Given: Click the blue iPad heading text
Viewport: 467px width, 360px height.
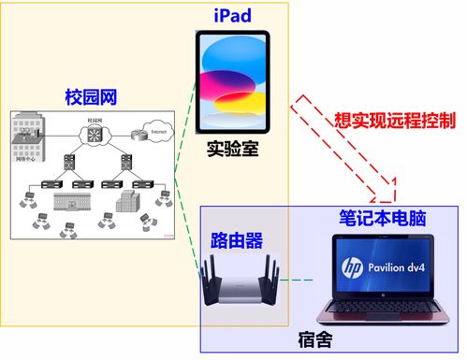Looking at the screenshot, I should (232, 16).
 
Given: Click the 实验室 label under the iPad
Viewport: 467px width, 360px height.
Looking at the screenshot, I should (232, 150).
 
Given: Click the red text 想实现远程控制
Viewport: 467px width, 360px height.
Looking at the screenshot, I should (394, 121).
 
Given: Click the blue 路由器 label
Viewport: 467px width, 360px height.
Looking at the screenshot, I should (234, 239).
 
